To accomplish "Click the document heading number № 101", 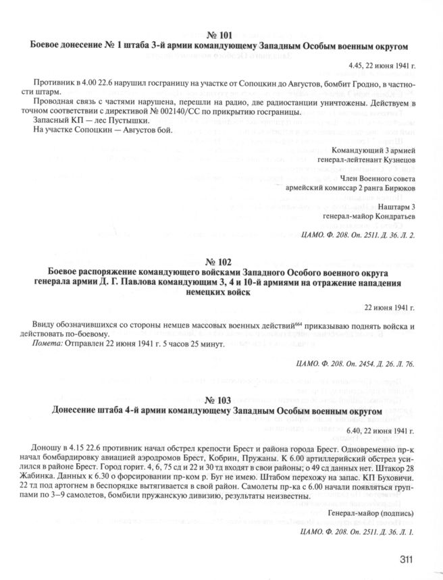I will (221, 35).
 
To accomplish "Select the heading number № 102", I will (221, 261).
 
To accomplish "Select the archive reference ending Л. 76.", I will (355, 364).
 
